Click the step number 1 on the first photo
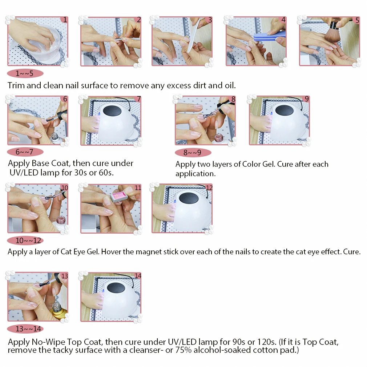[65, 20]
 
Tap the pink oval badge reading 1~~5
[25, 73]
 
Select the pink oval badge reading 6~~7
[25, 152]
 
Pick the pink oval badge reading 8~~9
[193, 153]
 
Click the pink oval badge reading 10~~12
[25, 241]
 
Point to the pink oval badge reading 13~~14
[25, 328]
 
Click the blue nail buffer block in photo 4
[269, 36]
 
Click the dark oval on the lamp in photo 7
[112, 110]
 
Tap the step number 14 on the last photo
[138, 276]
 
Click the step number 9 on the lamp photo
[307, 99]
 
